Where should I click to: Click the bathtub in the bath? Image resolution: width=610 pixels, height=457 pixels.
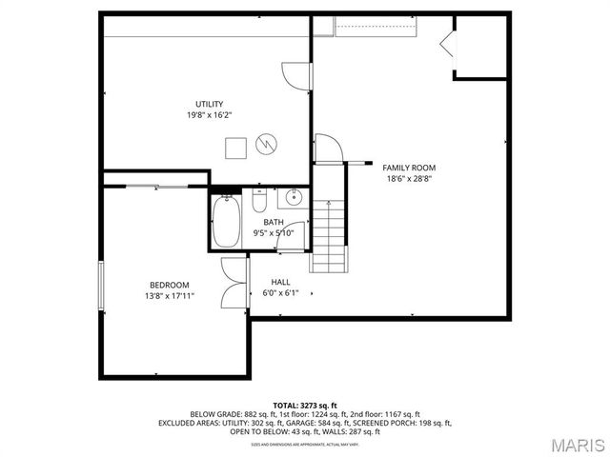pos(226,222)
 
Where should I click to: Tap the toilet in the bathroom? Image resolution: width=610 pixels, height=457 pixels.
pos(258,203)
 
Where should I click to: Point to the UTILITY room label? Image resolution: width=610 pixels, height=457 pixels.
pos(210,104)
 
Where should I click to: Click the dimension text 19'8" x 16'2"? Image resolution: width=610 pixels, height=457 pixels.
pos(210,115)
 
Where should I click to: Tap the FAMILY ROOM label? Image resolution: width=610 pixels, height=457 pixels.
pos(409,167)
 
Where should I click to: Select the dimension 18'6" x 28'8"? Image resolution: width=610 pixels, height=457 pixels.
pos(409,178)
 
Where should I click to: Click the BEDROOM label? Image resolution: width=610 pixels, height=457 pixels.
pos(169,285)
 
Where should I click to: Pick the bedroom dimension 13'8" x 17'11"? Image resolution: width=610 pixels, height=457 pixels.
pos(169,296)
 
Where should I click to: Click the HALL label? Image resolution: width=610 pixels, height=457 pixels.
pos(280,282)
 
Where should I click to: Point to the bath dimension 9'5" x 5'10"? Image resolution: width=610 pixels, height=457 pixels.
pos(273,232)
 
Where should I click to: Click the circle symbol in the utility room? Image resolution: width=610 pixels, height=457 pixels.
pos(268,146)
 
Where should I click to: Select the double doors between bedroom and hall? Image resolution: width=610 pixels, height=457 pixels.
pos(234,283)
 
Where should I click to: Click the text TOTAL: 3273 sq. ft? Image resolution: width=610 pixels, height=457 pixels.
pos(305,405)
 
